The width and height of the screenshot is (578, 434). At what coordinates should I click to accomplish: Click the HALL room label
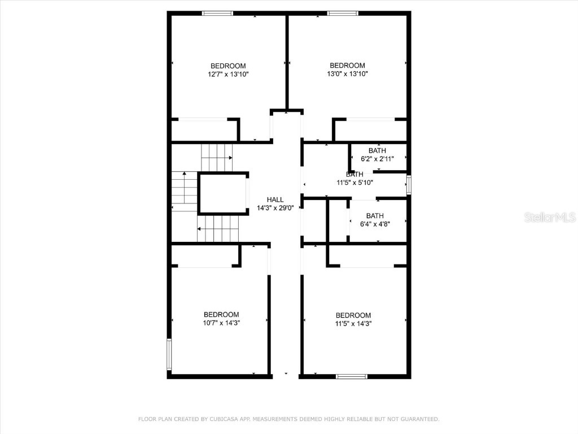pos(275,199)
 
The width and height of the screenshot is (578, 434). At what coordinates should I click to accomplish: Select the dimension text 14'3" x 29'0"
pos(275,208)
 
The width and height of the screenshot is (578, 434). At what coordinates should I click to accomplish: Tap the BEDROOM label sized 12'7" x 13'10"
pos(228,66)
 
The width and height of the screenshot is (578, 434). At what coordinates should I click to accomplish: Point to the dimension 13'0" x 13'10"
pos(347,73)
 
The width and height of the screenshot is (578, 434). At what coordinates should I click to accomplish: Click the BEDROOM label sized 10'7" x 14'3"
pos(221,314)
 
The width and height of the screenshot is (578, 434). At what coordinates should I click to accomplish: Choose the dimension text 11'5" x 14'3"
pos(353,324)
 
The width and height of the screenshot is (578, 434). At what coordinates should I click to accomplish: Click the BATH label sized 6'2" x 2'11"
pos(377,150)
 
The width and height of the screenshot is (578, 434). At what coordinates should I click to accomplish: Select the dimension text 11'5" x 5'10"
pos(354,183)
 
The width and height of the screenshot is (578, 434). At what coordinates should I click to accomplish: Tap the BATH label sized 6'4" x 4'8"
pos(375,215)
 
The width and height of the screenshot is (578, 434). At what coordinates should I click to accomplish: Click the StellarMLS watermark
pos(550,217)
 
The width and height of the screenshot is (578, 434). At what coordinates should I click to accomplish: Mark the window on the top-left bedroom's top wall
pos(217,13)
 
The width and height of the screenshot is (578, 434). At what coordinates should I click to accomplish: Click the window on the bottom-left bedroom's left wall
pos(169,354)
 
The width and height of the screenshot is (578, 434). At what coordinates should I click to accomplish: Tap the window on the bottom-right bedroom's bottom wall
pos(351,376)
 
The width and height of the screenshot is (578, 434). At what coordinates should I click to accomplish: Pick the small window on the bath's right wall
pos(409,185)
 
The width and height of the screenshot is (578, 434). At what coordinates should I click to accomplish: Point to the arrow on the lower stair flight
pos(199,229)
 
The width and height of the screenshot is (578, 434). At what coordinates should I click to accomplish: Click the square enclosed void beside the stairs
pos(223,193)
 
